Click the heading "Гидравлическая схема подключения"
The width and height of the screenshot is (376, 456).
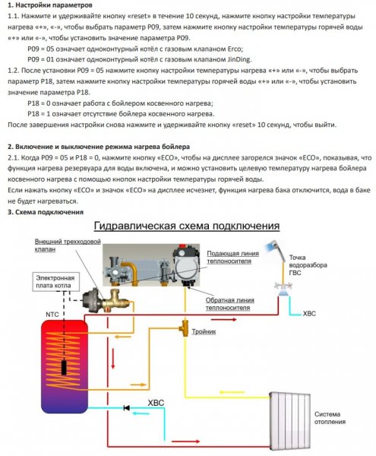[x=187, y=226]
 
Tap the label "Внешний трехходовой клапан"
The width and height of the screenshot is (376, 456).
[x=68, y=245]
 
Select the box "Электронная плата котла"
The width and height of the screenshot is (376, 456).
[x=55, y=281]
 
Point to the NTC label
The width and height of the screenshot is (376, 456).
[x=52, y=315]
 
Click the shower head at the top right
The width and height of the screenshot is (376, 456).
[x=273, y=247]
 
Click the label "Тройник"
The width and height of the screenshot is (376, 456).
[x=204, y=331]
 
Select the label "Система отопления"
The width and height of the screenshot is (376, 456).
[x=330, y=418]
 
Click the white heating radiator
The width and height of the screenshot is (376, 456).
[x=289, y=420]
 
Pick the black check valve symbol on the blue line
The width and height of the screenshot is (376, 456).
[x=126, y=407]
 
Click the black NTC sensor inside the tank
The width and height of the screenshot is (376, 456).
[x=64, y=367]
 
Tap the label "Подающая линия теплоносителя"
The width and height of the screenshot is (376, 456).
[x=232, y=257]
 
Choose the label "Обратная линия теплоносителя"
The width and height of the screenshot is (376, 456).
[x=229, y=303]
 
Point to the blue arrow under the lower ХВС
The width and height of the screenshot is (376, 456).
[x=141, y=413]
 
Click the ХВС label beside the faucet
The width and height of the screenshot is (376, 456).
[x=309, y=313]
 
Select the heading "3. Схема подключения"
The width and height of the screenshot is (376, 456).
[x=46, y=212]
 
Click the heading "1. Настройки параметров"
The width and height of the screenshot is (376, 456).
[x=50, y=5]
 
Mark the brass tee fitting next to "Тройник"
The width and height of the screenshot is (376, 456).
[x=185, y=328]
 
